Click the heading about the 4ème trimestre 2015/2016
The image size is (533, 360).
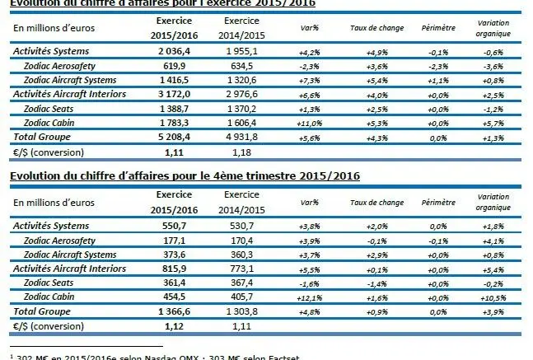pyautogui.click(x=185, y=175)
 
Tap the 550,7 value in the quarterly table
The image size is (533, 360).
pyautogui.click(x=173, y=226)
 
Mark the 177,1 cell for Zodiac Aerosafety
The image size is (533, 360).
pyautogui.click(x=173, y=240)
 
